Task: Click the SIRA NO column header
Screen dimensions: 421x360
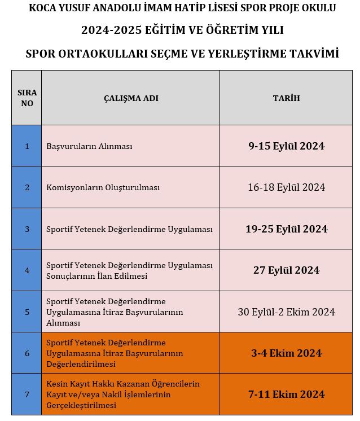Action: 27,98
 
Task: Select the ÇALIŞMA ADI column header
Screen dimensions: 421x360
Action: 131,98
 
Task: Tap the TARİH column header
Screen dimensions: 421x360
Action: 286,98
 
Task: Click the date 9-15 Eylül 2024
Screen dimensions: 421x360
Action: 286,146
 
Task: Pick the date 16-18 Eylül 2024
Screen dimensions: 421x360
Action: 286,187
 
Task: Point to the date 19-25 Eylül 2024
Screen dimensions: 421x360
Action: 286,229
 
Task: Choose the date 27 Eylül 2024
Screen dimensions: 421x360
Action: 286,270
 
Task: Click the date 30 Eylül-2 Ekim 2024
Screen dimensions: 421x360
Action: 286,312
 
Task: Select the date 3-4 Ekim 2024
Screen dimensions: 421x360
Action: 286,353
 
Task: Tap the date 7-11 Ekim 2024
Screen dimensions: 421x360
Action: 286,394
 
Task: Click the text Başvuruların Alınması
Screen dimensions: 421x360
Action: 89,146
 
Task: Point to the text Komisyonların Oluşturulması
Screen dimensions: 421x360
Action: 103,187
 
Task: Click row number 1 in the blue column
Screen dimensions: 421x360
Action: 27,146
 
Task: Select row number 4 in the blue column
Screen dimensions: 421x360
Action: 27,270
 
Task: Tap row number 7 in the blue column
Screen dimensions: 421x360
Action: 27,394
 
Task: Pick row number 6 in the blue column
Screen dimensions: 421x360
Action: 27,353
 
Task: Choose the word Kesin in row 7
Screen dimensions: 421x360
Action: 57,384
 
